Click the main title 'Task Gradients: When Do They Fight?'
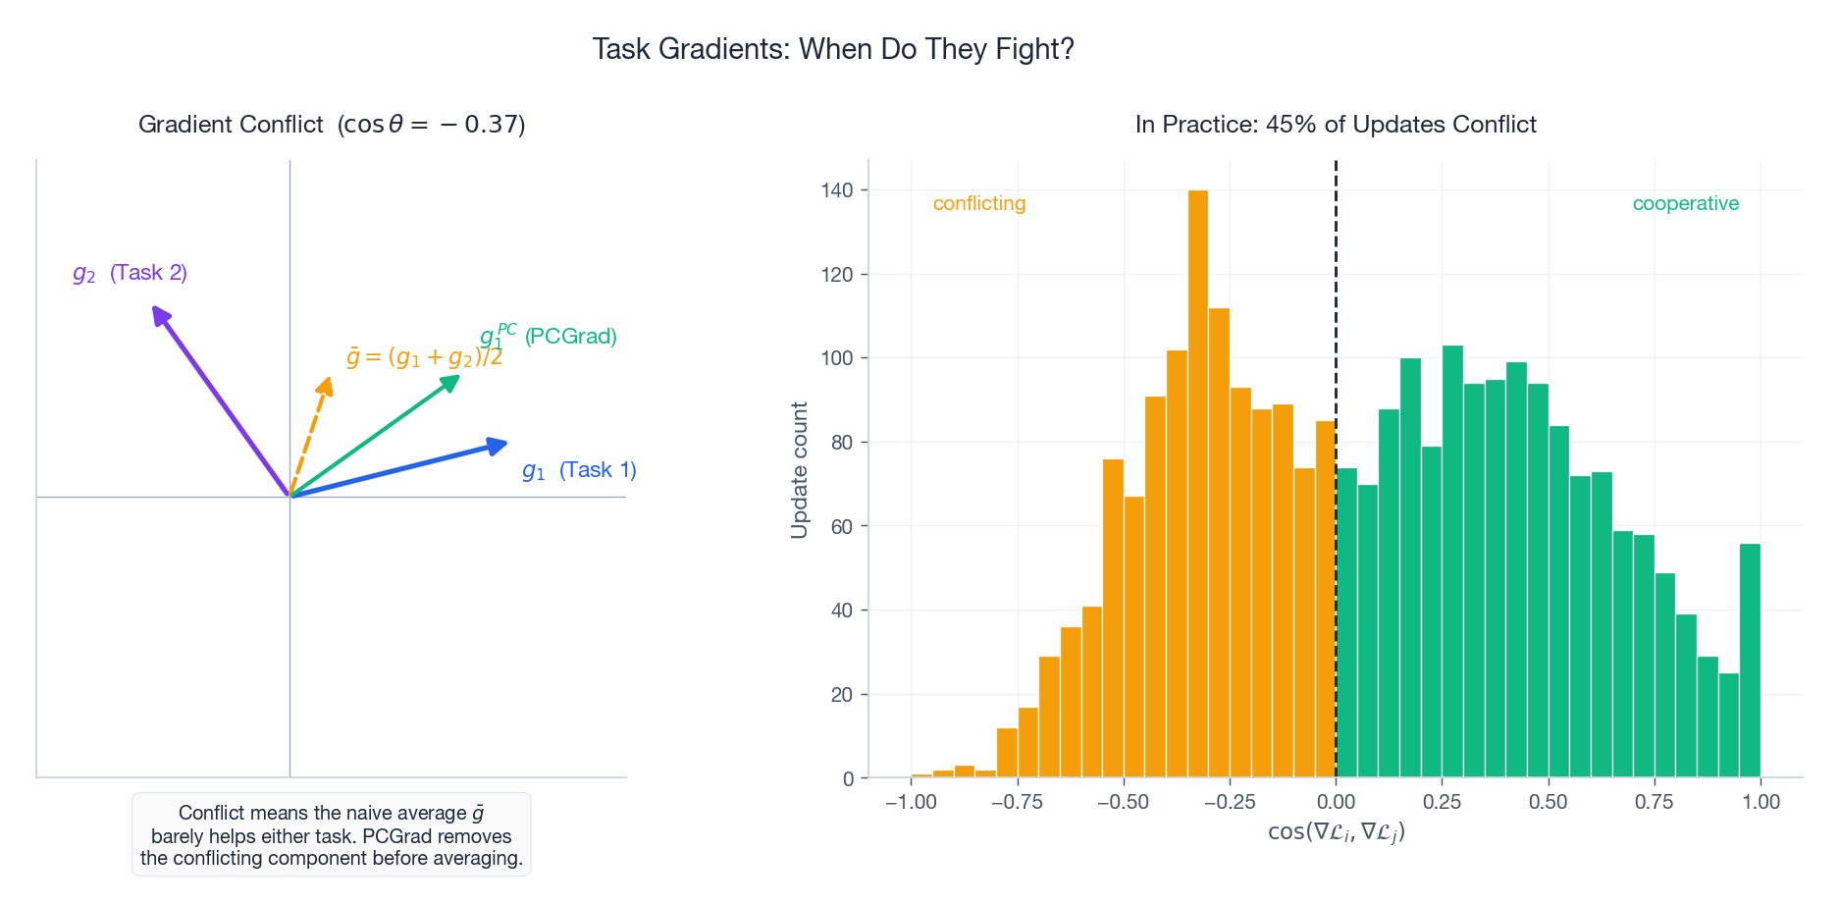point(833,49)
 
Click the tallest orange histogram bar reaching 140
point(1197,481)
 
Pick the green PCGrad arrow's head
point(453,380)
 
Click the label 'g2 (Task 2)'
point(130,273)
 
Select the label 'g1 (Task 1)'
point(579,470)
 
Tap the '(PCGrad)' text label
point(570,337)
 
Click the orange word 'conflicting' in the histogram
point(978,203)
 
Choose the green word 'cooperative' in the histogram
point(1685,203)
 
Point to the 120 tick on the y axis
point(837,274)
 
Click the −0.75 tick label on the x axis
point(1017,802)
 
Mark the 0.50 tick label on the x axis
point(1548,802)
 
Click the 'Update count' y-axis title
point(800,469)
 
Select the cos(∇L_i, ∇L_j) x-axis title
point(1336,832)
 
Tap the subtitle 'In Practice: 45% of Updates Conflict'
point(1335,125)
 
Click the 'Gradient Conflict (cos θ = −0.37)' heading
point(332,125)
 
